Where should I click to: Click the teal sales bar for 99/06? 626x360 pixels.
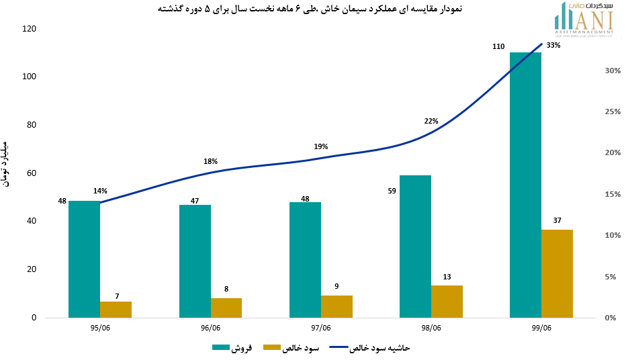(x=525, y=185)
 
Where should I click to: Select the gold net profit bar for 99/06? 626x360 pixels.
(x=557, y=273)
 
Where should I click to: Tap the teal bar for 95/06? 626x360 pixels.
(x=84, y=259)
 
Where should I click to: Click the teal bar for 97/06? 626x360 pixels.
(x=305, y=259)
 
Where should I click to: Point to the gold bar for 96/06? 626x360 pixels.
(x=226, y=308)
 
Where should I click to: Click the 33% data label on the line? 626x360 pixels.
(x=553, y=46)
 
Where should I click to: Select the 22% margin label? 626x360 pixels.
(x=431, y=122)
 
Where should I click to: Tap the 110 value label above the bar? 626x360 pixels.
(x=498, y=46)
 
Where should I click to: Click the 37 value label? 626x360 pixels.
(x=557, y=220)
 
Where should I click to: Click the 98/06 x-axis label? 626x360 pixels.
(x=431, y=328)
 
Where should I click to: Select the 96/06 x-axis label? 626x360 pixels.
(x=210, y=328)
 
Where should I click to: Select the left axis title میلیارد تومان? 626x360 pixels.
(x=6, y=164)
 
